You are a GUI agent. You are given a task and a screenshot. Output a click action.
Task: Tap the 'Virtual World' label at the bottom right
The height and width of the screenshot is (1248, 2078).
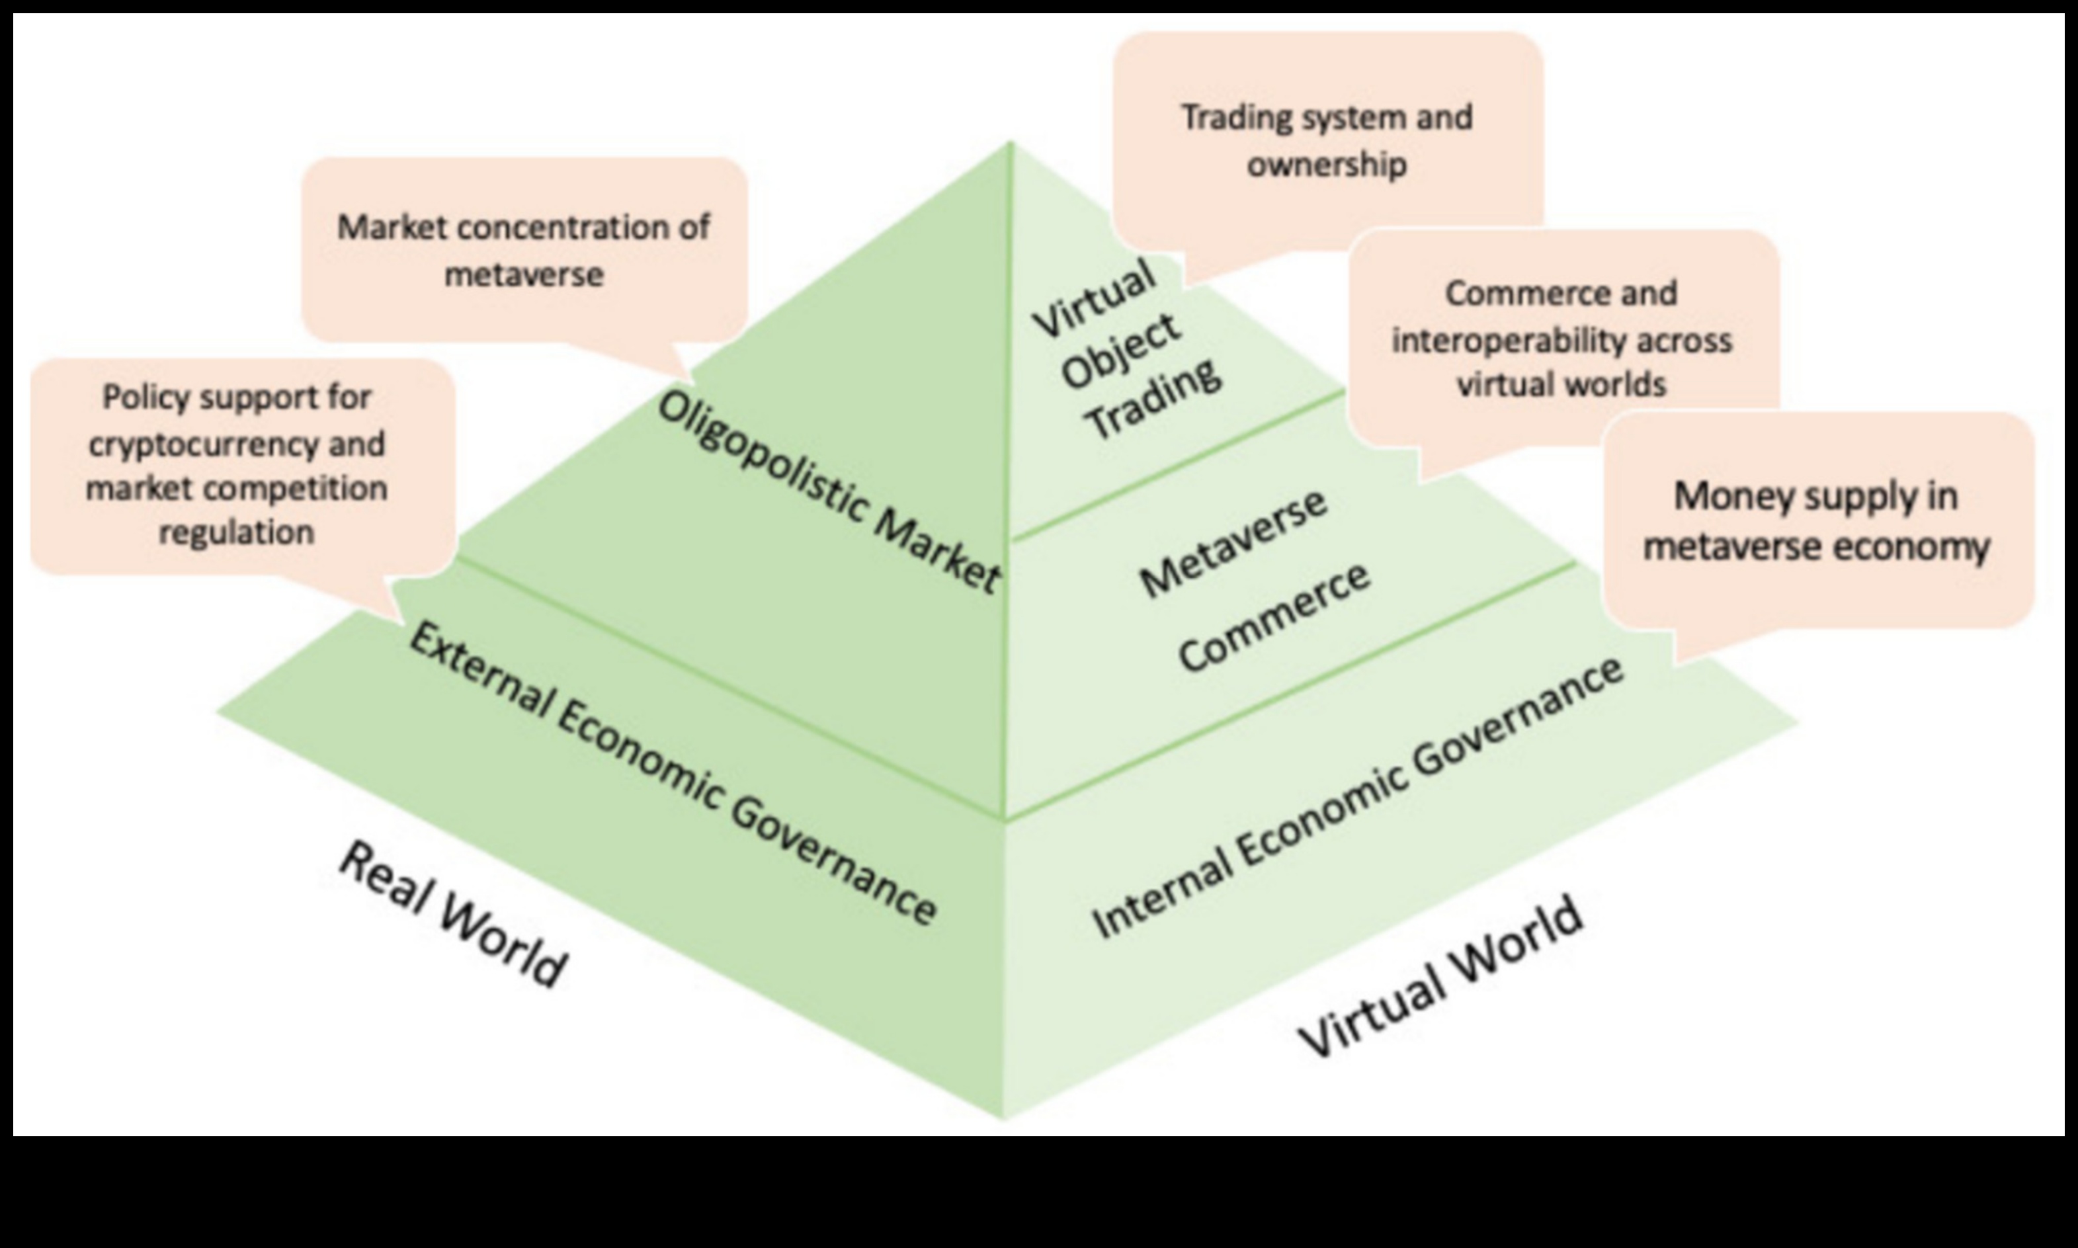click(1440, 979)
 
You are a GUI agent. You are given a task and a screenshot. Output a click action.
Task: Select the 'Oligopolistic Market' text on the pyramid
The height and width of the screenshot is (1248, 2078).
click(828, 492)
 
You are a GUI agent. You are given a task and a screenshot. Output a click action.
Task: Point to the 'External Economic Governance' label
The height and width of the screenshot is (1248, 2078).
click(673, 774)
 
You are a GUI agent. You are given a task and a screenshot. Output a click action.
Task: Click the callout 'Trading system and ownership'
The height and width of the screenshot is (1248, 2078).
click(1327, 140)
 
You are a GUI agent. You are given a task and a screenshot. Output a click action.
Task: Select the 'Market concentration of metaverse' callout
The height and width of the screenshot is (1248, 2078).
click(523, 250)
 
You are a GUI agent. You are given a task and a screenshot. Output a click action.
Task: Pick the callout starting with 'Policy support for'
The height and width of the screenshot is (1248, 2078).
click(237, 464)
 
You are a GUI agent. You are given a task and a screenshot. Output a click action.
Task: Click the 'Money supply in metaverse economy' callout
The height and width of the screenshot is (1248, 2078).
click(1817, 520)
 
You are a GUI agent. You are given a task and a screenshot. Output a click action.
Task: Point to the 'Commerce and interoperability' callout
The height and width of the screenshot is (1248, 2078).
click(1561, 338)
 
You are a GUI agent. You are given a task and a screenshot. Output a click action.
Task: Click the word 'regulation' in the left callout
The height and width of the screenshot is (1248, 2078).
click(237, 532)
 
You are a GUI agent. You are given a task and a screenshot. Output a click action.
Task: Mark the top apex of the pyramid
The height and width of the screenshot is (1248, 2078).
click(1011, 143)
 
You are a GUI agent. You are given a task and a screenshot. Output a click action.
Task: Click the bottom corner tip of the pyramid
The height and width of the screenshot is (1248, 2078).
click(1004, 1118)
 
